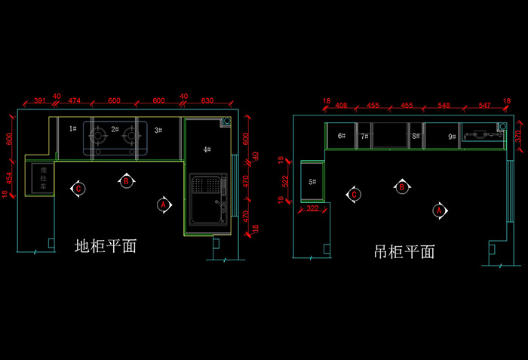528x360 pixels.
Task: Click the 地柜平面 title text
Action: [x=106, y=246]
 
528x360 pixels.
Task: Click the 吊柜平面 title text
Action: [x=404, y=252]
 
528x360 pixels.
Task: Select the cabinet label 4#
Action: [x=207, y=149]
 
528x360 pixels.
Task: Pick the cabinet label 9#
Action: [x=451, y=137]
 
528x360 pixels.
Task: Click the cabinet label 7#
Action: [x=364, y=137]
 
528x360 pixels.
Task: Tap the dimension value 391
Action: [x=41, y=100]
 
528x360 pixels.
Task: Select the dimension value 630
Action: [x=208, y=100]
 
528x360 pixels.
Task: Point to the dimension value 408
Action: [x=341, y=105]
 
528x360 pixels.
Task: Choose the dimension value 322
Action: [x=312, y=208]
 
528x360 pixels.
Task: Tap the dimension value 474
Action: [x=75, y=100]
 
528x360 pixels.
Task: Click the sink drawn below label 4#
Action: [x=207, y=199]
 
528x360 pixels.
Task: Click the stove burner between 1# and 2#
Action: [x=98, y=137]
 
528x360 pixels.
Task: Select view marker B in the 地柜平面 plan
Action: [x=127, y=181]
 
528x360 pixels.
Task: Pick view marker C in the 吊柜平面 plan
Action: [x=351, y=195]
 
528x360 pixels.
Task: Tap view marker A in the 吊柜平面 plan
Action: [x=437, y=211]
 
